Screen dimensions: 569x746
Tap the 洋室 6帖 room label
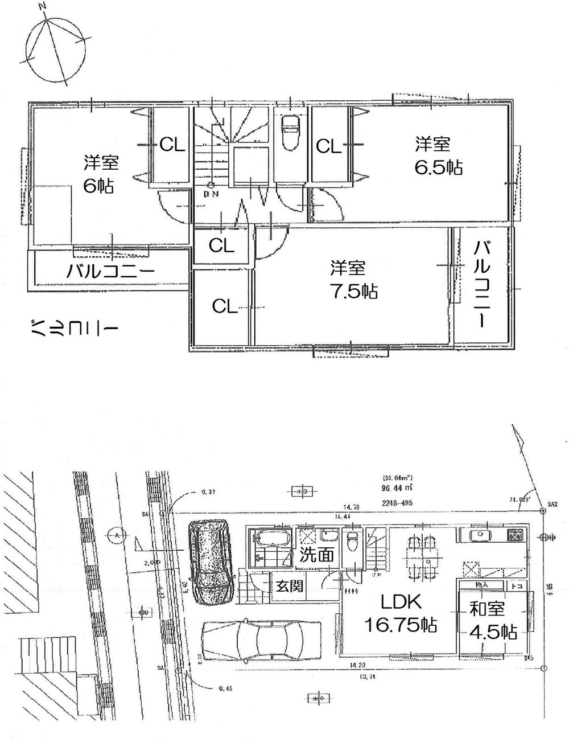tap(101, 174)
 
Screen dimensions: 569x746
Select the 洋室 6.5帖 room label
tap(438, 156)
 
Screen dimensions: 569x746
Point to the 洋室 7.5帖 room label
tap(353, 280)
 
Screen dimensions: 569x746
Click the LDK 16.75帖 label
tap(401, 613)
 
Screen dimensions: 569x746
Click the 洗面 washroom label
tap(316, 555)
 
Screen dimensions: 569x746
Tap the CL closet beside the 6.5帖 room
tap(329, 146)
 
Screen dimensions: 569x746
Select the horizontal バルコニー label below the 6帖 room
tap(110, 271)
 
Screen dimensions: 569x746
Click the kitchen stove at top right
tap(516, 535)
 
